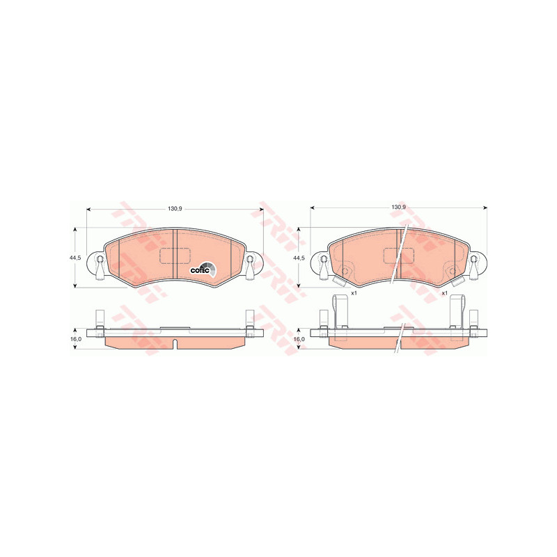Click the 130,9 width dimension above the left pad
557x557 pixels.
point(175,209)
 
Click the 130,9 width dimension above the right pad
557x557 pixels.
point(398,207)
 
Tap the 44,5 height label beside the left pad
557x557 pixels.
point(75,258)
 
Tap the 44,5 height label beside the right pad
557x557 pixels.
point(299,258)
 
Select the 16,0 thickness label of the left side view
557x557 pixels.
point(76,339)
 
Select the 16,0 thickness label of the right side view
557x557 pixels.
point(299,339)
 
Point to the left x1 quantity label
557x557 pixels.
point(354,293)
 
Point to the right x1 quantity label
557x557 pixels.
point(444,293)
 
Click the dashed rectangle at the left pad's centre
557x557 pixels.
point(175,256)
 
